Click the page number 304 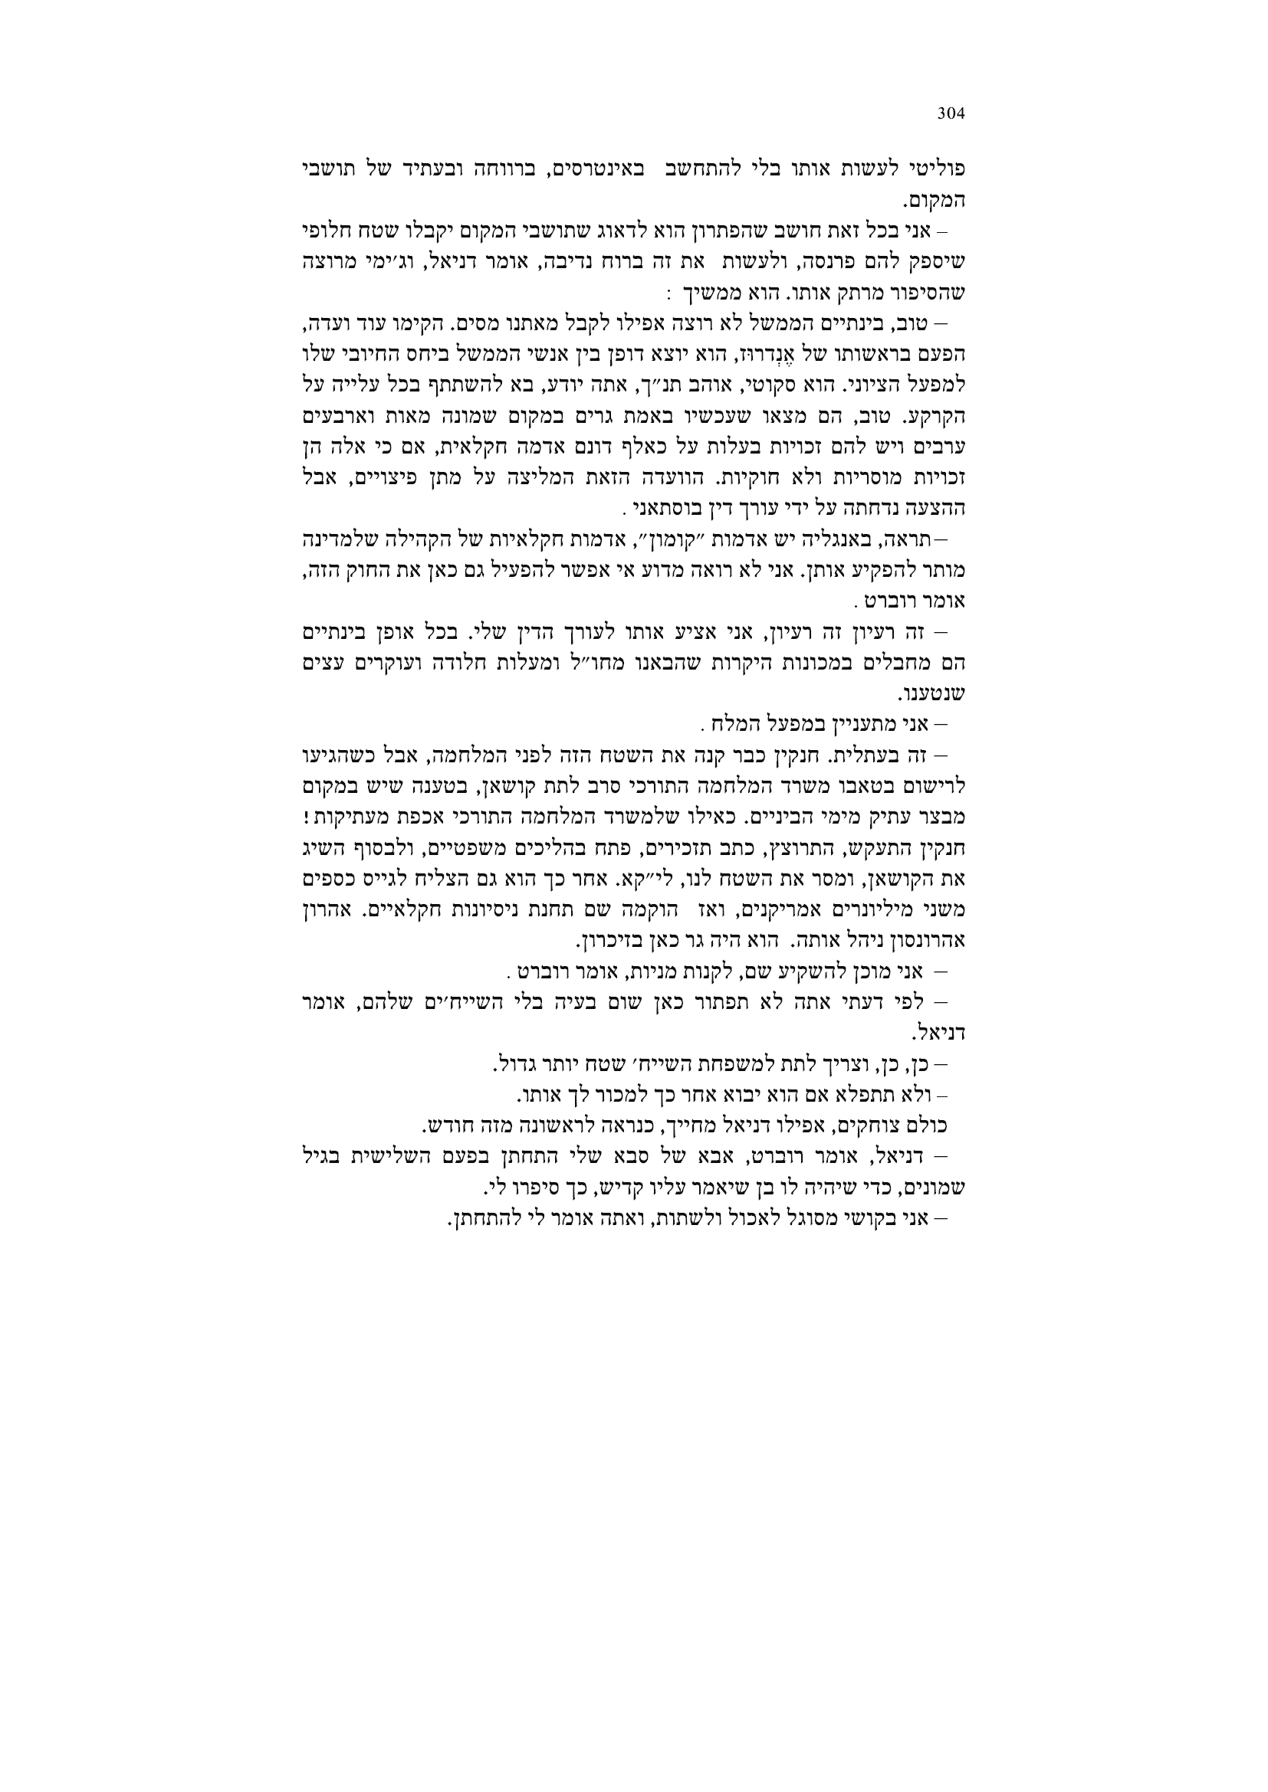(951, 114)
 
